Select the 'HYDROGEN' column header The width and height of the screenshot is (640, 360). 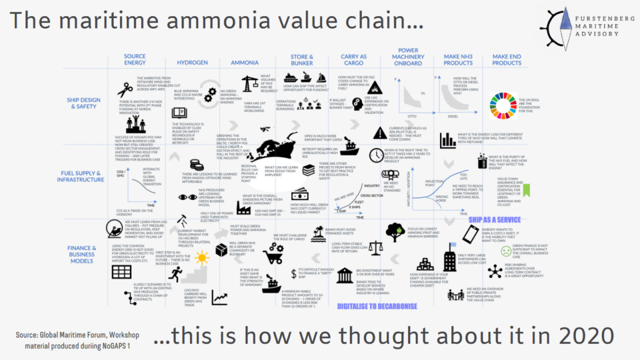tap(188, 63)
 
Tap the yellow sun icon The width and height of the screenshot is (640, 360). tap(201, 257)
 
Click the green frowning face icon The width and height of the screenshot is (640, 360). tap(506, 251)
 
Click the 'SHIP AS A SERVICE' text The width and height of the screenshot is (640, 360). tap(494, 220)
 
